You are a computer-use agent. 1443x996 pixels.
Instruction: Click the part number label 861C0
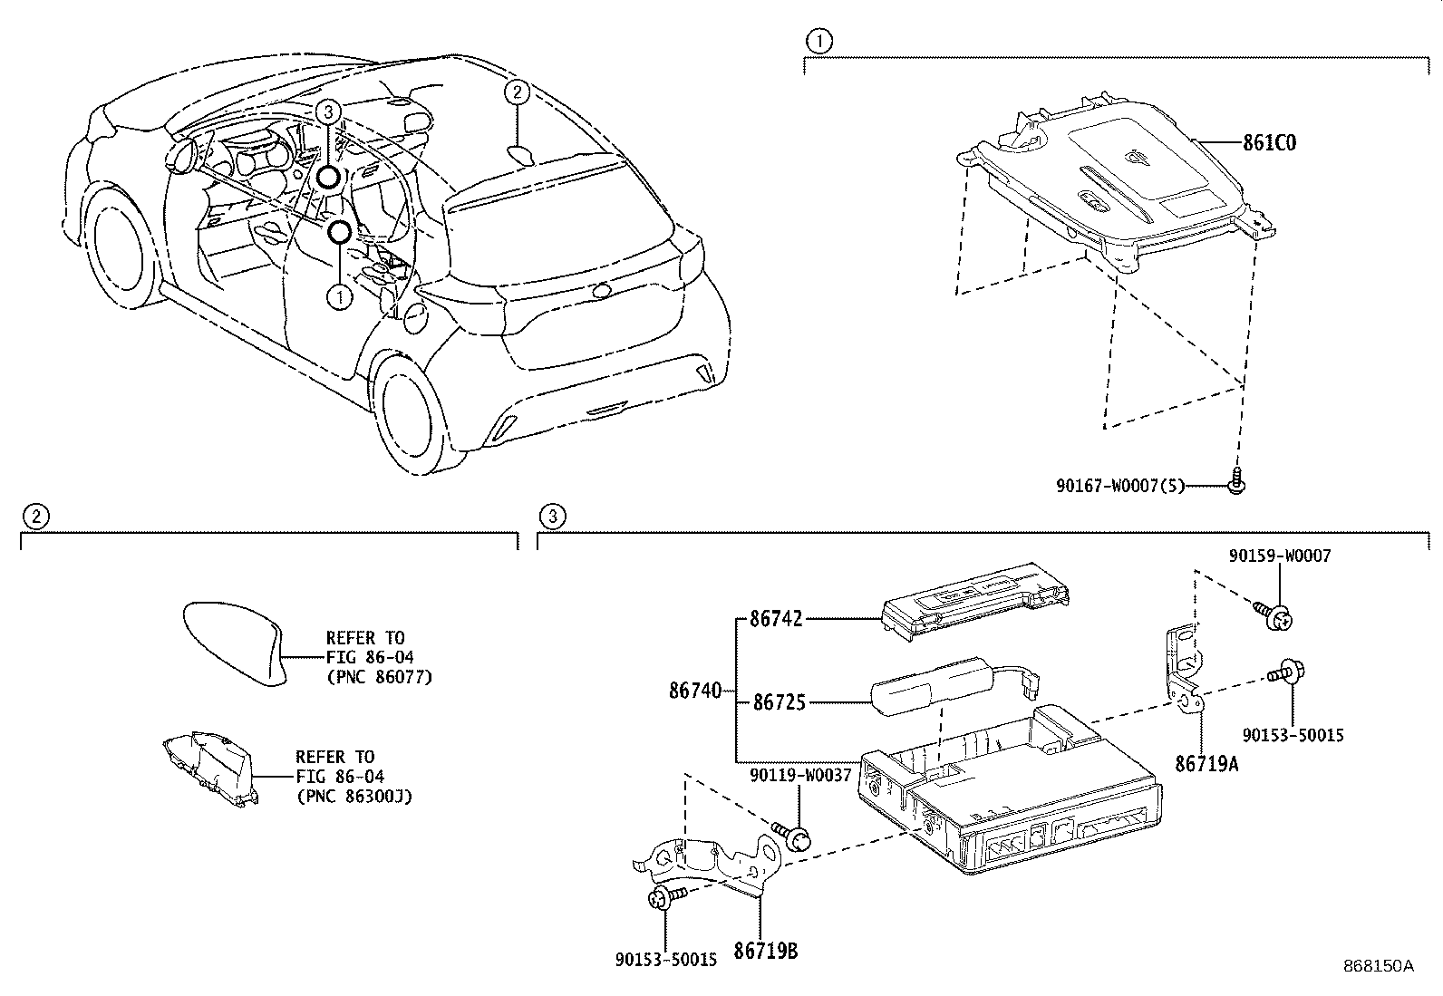click(1269, 143)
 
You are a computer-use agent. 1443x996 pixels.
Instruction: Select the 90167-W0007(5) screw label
click(1119, 486)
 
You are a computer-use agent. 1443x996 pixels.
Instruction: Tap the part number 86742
click(776, 621)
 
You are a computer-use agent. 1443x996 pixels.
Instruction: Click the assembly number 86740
click(695, 691)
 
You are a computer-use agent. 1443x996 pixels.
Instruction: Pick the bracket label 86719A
click(1206, 764)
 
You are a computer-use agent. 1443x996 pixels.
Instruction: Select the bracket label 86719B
click(766, 952)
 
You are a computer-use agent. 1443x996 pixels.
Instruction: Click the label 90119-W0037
click(800, 776)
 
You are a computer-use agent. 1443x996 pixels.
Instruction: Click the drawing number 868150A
click(1378, 966)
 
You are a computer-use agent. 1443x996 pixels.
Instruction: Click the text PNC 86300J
click(354, 797)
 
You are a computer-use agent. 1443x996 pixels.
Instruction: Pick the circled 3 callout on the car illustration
click(328, 111)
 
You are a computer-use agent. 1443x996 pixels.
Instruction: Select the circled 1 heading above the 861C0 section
click(818, 41)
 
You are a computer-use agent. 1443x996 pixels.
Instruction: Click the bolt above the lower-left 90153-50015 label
click(664, 897)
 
